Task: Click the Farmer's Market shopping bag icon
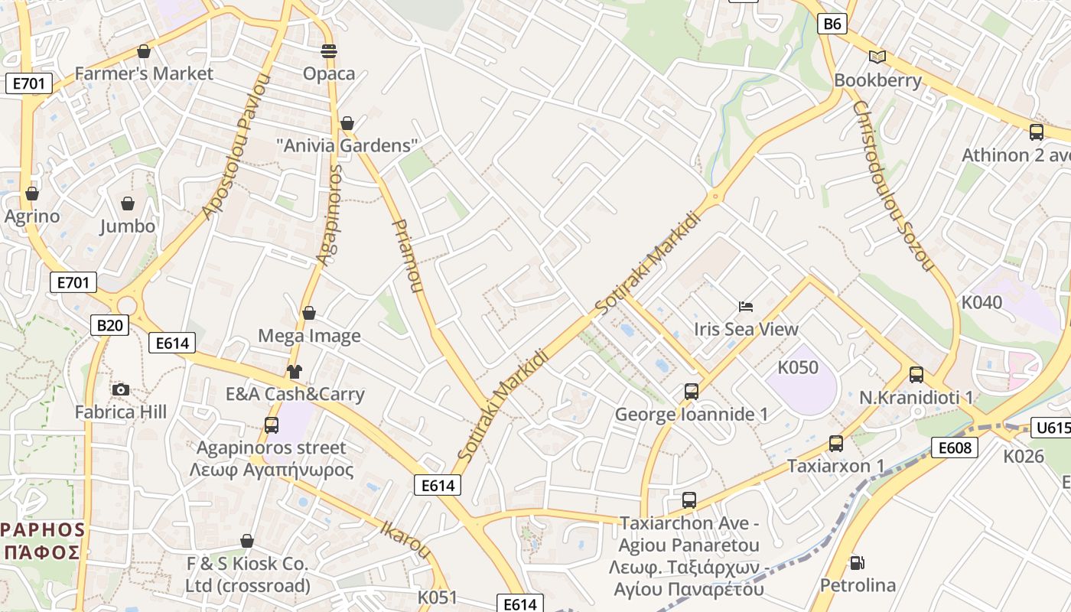pyautogui.click(x=143, y=51)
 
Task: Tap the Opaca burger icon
pyautogui.click(x=329, y=51)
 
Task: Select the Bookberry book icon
pyautogui.click(x=877, y=57)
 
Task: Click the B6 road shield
pyautogui.click(x=832, y=24)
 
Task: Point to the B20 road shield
pyautogui.click(x=109, y=325)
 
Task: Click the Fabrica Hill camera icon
pyautogui.click(x=120, y=389)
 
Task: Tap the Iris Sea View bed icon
pyautogui.click(x=746, y=307)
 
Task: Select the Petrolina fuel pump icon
pyautogui.click(x=858, y=563)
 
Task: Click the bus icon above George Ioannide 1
pyautogui.click(x=691, y=392)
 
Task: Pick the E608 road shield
pyautogui.click(x=955, y=447)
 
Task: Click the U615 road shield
pyautogui.click(x=1050, y=428)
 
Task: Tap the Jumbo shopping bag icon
pyautogui.click(x=128, y=203)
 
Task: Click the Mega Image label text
pyautogui.click(x=309, y=336)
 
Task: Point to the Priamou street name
pyautogui.click(x=407, y=256)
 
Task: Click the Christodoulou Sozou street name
pyautogui.click(x=893, y=186)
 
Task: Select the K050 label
pyautogui.click(x=798, y=367)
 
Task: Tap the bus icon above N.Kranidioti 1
pyautogui.click(x=916, y=375)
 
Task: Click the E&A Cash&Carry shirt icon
pyautogui.click(x=295, y=372)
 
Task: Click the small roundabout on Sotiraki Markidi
pyautogui.click(x=715, y=196)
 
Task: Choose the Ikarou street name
pyautogui.click(x=405, y=539)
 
